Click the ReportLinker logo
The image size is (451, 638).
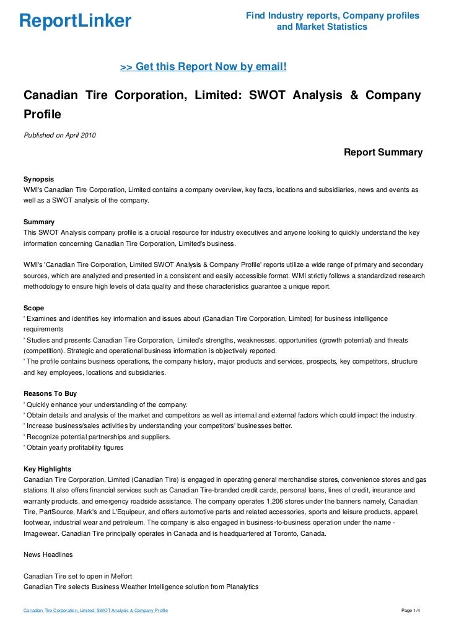pos(76,21)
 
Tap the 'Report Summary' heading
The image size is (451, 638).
pos(383,152)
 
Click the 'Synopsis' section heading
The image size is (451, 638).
pos(38,178)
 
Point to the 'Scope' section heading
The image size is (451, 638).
pos(33,307)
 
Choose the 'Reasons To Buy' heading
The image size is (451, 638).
pos(50,393)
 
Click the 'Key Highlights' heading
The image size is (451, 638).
pos(47,468)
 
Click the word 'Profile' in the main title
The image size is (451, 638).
pos(43,115)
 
